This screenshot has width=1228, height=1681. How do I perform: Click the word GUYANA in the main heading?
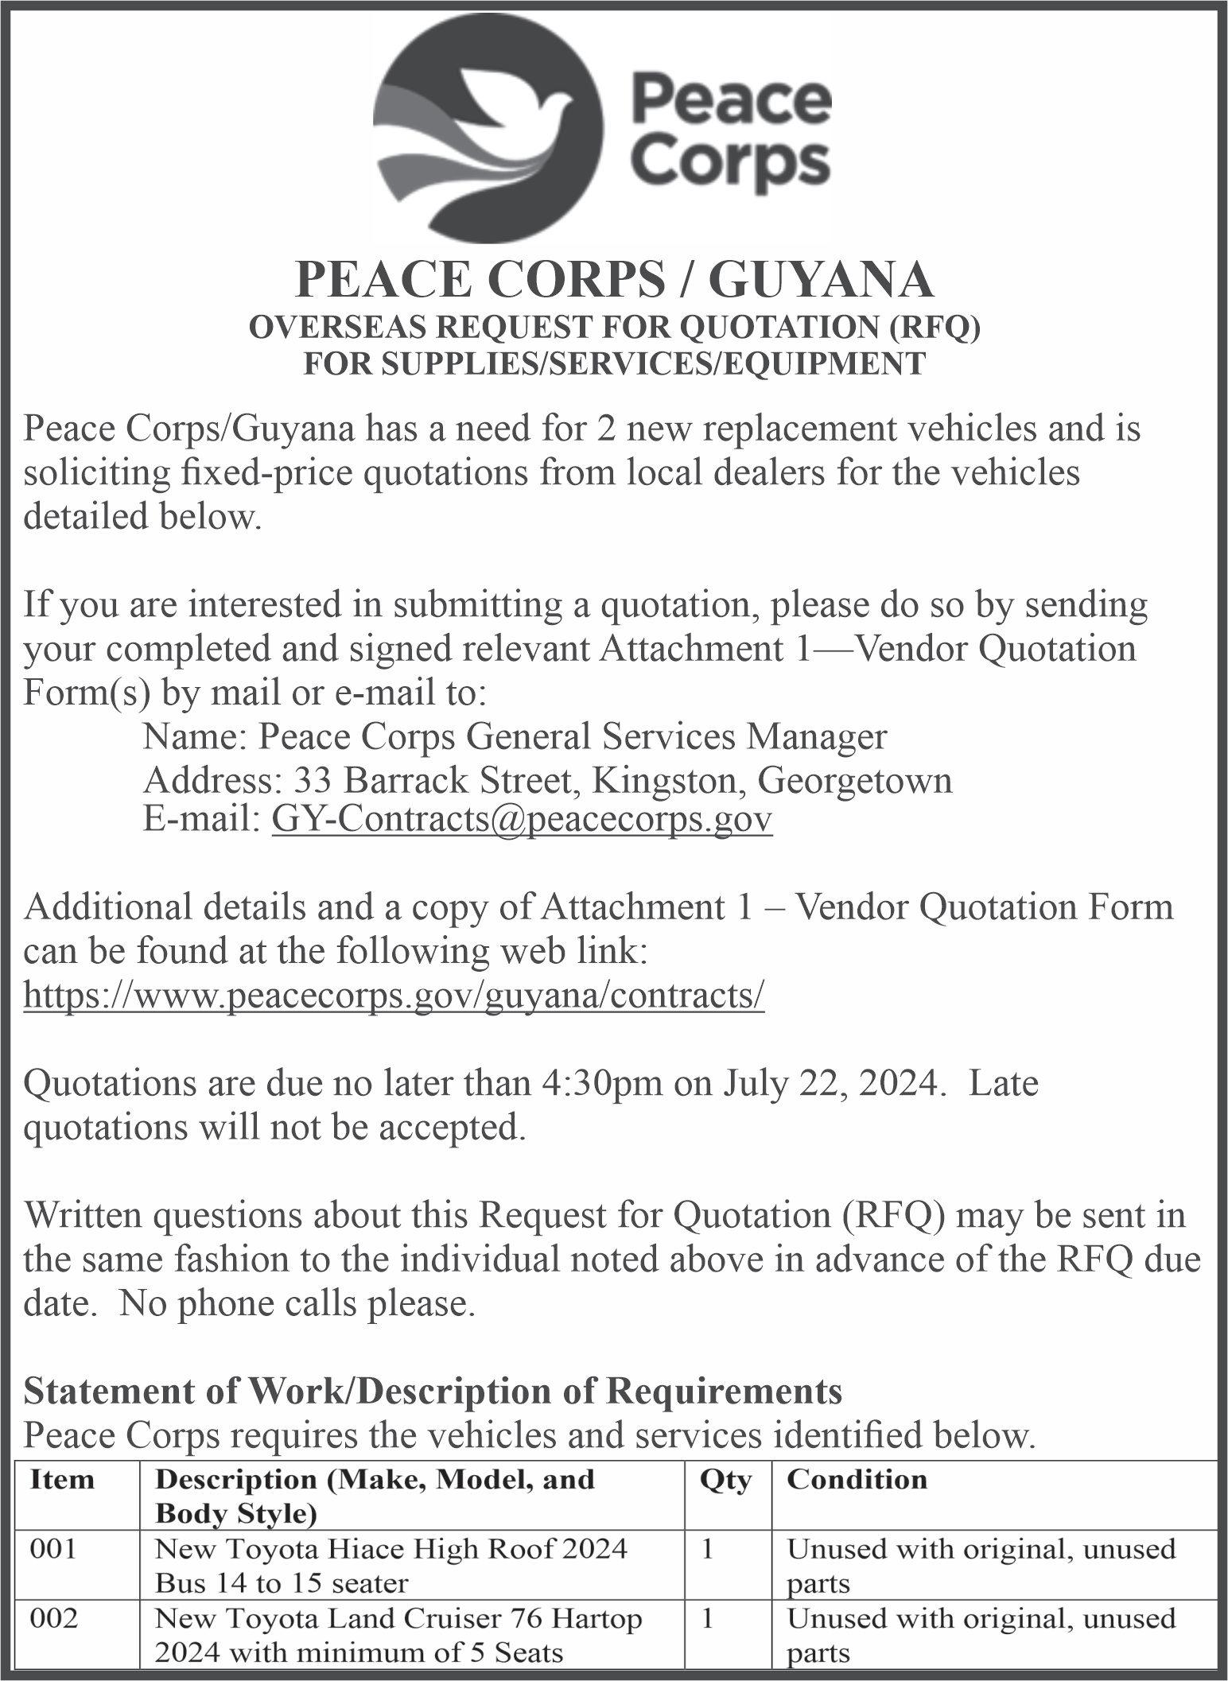820,281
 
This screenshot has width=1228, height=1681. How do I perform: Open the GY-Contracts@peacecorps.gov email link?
522,819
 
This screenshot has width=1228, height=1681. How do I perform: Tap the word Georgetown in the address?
854,781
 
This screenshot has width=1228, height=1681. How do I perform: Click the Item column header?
61,1479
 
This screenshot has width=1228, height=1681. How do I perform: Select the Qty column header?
725,1479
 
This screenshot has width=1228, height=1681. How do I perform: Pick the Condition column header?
857,1479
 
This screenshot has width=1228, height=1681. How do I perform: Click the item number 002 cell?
53,1618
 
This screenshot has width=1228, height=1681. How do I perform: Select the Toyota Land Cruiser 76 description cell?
398,1635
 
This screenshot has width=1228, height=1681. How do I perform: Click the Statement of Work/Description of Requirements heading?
433,1391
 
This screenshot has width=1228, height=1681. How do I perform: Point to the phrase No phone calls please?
297,1304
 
